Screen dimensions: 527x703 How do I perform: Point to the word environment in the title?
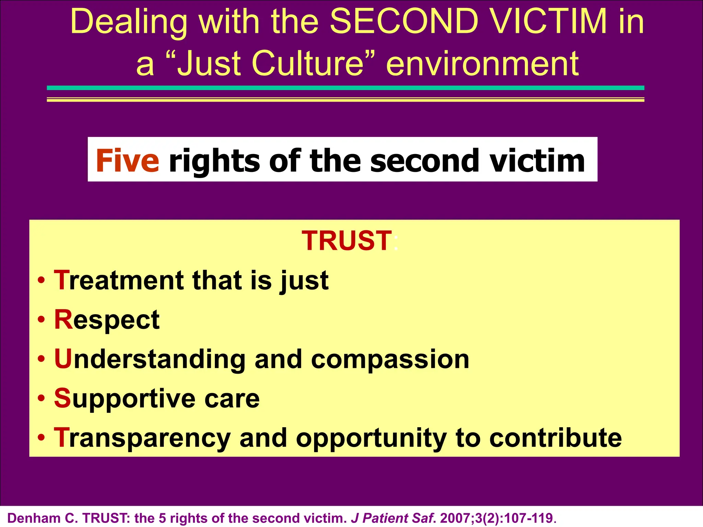pyautogui.click(x=483, y=63)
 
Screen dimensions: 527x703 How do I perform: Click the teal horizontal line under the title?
pyautogui.click(x=345, y=88)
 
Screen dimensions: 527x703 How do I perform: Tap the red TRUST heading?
pyautogui.click(x=347, y=241)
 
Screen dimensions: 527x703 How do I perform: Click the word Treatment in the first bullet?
pyautogui.click(x=119, y=280)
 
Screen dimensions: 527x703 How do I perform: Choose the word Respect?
pyautogui.click(x=107, y=320)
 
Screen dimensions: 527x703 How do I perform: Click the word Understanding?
pyautogui.click(x=149, y=359)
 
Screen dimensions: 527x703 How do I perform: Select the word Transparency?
pyautogui.click(x=142, y=438)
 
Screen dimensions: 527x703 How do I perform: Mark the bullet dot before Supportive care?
pyautogui.click(x=42, y=399)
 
